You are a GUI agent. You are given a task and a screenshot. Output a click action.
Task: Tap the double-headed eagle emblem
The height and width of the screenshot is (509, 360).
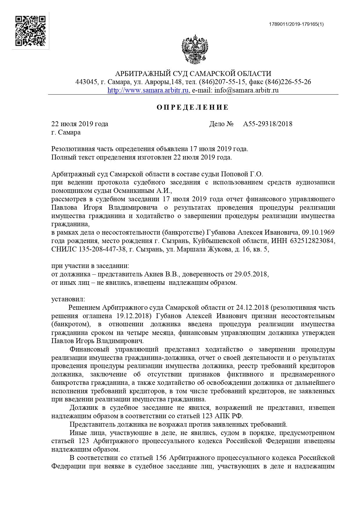pyautogui.click(x=195, y=49)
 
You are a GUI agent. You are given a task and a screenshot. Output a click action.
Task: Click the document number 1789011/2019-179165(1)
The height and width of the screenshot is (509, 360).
pyautogui.click(x=296, y=24)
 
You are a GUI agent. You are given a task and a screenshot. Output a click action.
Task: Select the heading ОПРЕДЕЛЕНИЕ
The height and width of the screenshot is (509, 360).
pyautogui.click(x=193, y=108)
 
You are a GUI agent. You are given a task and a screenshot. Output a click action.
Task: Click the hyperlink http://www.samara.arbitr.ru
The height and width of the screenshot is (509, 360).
pyautogui.click(x=148, y=90)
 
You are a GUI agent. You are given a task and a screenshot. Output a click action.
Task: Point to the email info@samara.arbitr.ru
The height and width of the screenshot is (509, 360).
pyautogui.click(x=246, y=90)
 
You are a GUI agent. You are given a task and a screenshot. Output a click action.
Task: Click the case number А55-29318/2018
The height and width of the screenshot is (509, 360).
pyautogui.click(x=267, y=124)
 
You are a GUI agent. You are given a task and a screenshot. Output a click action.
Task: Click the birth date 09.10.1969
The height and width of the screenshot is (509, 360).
pyautogui.click(x=318, y=233)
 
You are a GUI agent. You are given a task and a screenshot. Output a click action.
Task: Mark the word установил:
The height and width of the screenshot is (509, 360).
pyautogui.click(x=68, y=299)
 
